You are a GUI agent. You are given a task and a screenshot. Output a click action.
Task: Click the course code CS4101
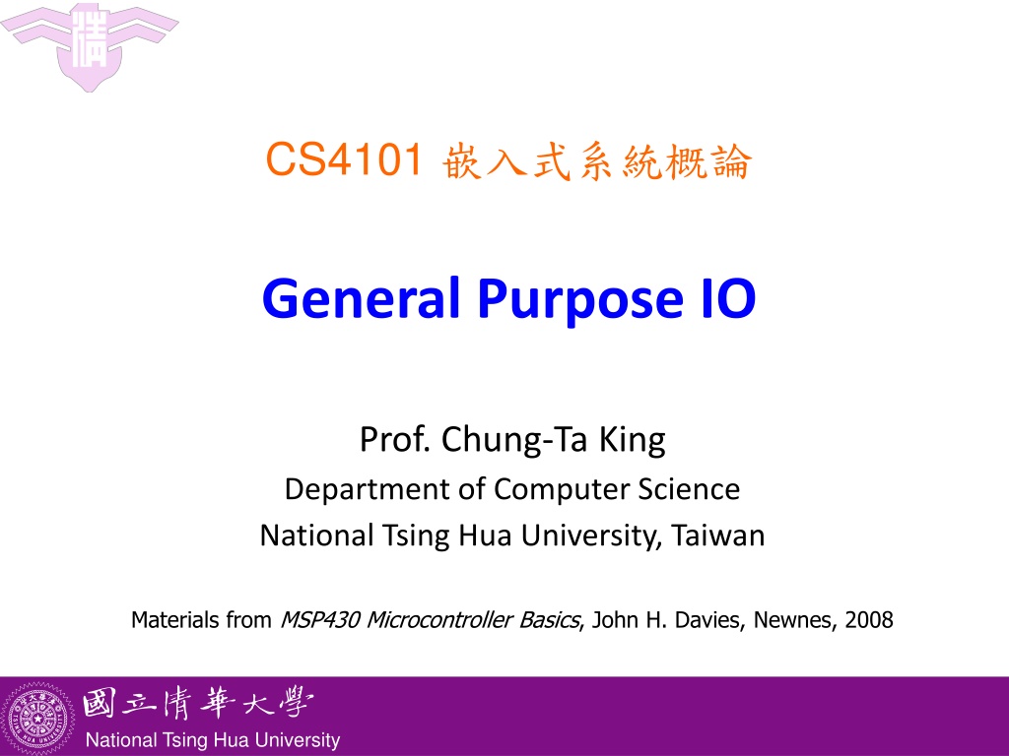(344, 158)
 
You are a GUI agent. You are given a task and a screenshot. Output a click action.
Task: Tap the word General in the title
(362, 299)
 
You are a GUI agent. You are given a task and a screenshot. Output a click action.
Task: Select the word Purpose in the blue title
(579, 302)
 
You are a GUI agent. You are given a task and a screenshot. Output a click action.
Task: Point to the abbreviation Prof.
(395, 440)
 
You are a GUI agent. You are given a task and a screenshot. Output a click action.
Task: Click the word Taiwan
(718, 535)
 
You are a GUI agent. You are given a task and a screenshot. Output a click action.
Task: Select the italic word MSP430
(320, 620)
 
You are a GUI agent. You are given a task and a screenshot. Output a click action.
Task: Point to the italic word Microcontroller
(439, 620)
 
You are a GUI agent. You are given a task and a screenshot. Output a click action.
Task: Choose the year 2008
(869, 620)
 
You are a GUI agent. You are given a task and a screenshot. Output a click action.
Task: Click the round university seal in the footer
(38, 718)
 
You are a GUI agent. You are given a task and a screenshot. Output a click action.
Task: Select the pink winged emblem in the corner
(89, 46)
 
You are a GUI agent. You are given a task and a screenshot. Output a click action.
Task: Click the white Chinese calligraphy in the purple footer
(197, 704)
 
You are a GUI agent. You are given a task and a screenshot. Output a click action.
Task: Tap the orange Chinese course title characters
(596, 160)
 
